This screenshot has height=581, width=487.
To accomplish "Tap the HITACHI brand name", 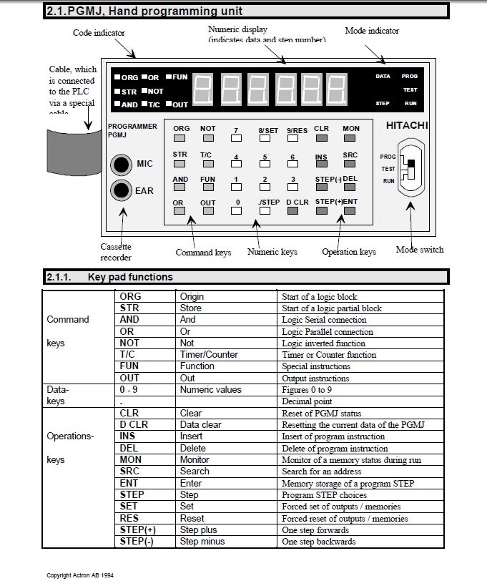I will (407, 126).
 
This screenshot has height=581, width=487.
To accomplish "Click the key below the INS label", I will (321, 165).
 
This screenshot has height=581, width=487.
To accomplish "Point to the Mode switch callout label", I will (420, 250).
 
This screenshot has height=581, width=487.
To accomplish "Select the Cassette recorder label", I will (116, 252).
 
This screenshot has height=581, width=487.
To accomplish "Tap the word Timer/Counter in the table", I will (209, 355).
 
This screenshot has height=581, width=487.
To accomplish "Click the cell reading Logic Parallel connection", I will (327, 332).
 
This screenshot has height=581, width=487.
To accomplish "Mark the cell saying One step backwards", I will (318, 542).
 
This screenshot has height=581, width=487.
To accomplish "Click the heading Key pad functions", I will (130, 277).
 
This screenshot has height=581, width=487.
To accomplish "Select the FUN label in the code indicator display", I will (179, 77).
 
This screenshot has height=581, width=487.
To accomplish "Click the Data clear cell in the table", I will (201, 424).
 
